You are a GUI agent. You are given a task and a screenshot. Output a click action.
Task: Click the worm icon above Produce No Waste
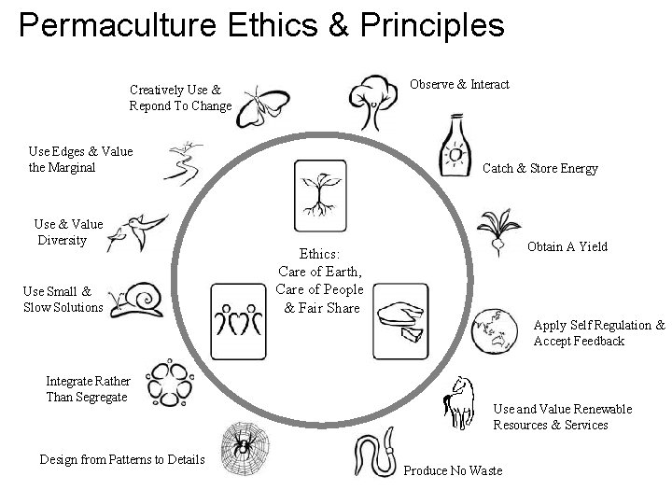pos(377,456)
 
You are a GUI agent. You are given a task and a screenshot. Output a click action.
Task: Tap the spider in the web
pos(241,447)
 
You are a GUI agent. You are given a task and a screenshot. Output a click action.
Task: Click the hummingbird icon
pos(137,231)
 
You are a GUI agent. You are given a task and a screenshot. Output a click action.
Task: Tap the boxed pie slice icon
pos(401,322)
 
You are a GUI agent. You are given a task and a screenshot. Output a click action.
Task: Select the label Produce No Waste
pos(453,470)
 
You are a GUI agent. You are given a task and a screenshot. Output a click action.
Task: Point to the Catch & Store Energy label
pos(539,169)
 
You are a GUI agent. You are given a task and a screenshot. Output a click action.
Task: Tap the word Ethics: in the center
pos(320,253)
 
